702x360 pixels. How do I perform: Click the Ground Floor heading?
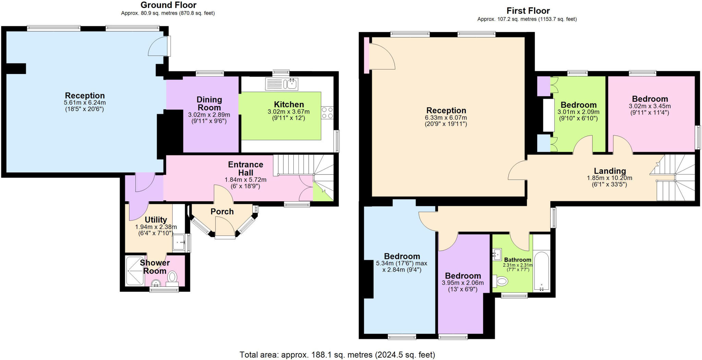point(168,5)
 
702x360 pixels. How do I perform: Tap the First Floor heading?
point(528,11)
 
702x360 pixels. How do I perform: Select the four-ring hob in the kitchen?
point(327,112)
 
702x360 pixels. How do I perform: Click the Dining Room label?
point(209,103)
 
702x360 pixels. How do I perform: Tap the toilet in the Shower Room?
point(172,278)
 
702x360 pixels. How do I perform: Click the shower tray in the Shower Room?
point(135,271)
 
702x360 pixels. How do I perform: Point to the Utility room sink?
point(179,243)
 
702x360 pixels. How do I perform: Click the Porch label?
point(222,212)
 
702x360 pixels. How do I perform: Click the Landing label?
point(610,171)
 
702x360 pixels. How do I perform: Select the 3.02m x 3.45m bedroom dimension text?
point(650,106)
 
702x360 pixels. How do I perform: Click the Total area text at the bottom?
point(337,355)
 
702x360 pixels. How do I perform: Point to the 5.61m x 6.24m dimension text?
point(85,103)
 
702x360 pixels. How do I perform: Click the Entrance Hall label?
point(245,168)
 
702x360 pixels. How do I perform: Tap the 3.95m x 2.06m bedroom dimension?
point(463,283)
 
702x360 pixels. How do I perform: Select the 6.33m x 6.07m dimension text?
point(446,118)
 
